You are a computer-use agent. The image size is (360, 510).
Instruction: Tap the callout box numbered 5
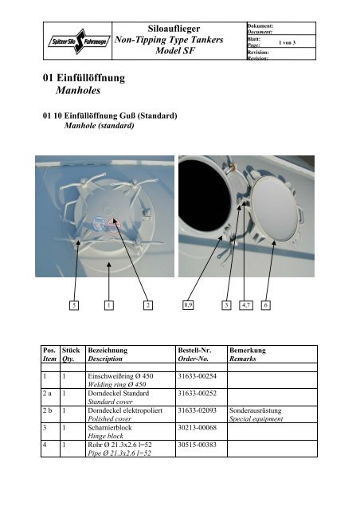point(74,304)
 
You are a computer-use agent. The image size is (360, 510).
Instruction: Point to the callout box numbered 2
point(147,304)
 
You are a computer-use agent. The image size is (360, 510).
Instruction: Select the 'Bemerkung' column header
point(248,350)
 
